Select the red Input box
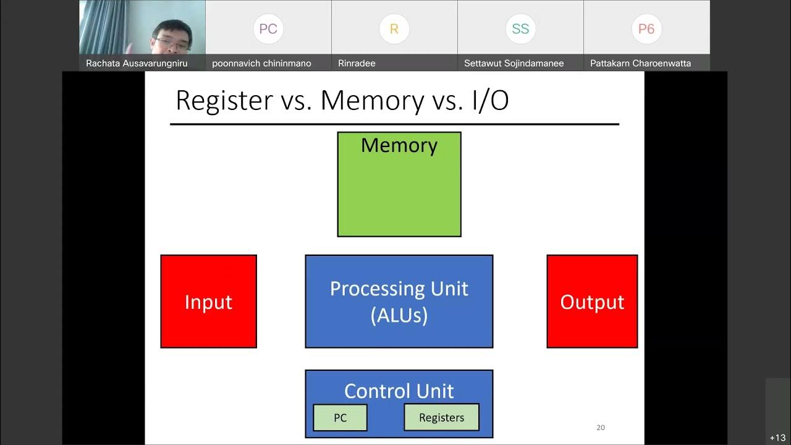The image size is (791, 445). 208,302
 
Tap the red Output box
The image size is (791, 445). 592,302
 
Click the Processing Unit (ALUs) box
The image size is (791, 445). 399,302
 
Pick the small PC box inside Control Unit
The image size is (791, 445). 340,418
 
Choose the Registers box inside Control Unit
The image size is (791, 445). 441,418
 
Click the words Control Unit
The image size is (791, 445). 399,391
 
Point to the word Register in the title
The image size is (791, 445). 224,101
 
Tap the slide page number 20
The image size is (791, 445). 601,427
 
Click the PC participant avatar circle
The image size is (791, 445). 268,29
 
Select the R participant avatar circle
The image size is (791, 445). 394,29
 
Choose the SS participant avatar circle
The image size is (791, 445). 520,29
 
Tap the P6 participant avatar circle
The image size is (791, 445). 646,29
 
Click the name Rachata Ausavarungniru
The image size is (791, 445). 137,63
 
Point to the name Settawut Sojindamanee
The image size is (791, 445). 514,63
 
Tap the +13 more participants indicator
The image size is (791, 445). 777,438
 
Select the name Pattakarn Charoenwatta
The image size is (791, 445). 640,63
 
